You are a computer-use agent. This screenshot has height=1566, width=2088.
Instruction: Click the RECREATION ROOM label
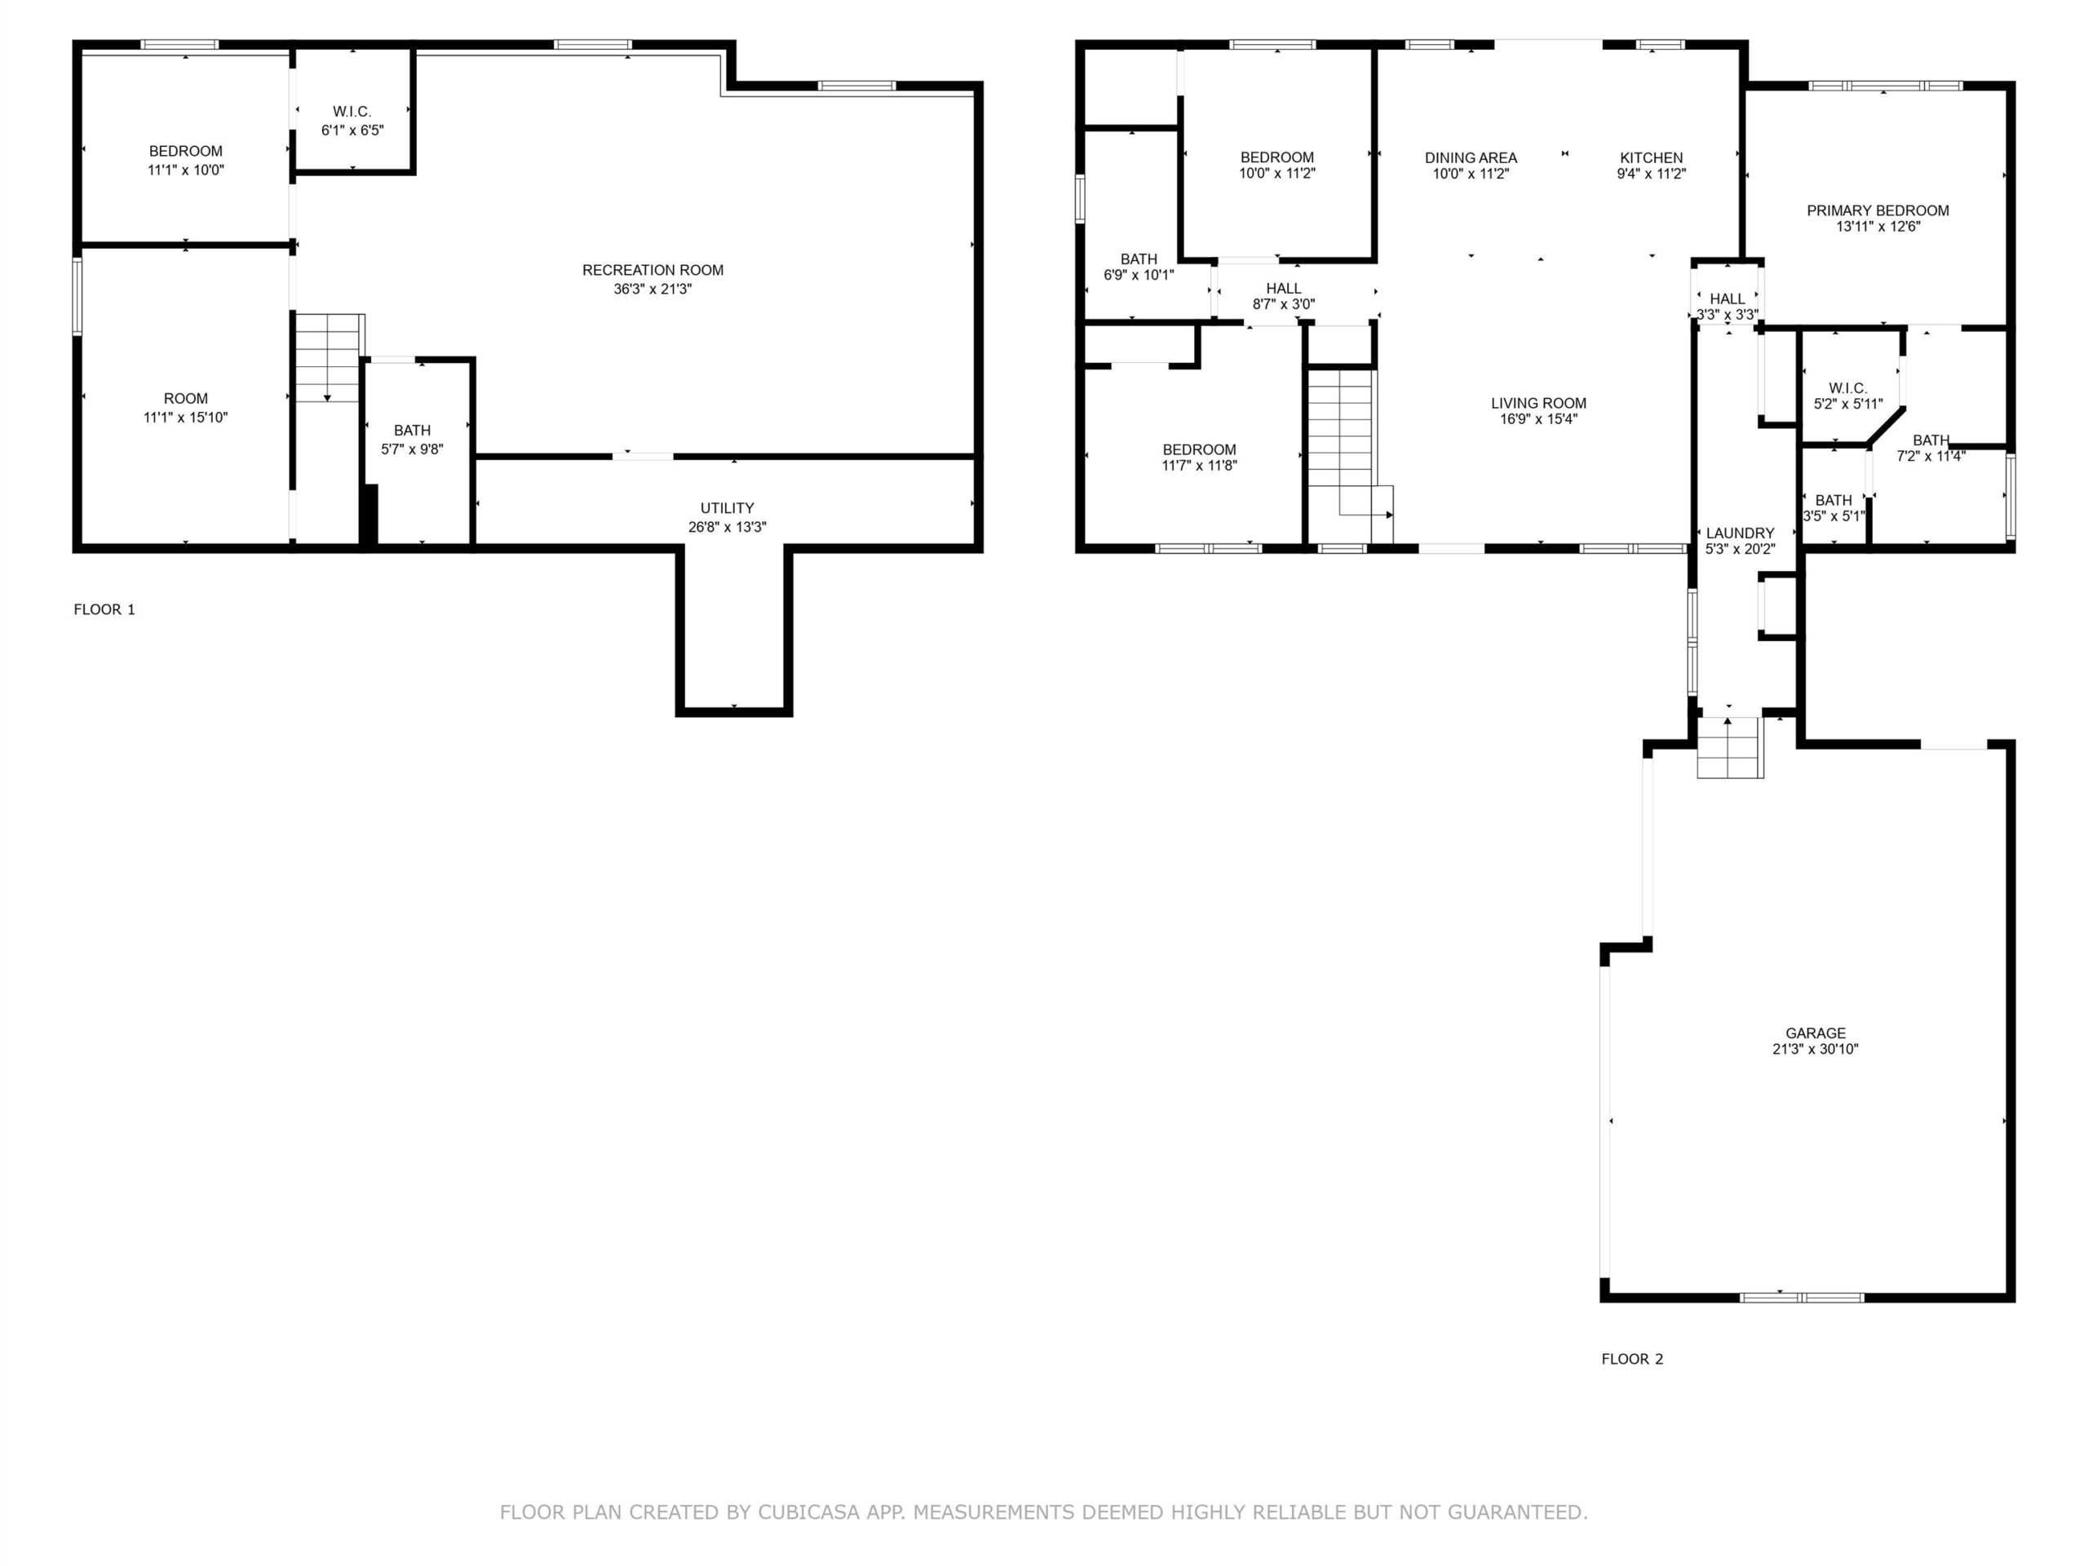(x=652, y=270)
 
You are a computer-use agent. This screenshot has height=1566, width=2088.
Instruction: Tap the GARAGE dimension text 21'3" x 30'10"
(x=1816, y=1049)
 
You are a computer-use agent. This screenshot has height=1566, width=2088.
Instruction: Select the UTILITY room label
(x=727, y=508)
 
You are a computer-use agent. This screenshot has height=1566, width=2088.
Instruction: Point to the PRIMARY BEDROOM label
(x=1878, y=210)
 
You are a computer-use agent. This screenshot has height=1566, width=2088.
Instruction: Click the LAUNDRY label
(x=1740, y=533)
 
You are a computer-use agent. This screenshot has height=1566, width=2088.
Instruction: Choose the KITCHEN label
(x=1651, y=157)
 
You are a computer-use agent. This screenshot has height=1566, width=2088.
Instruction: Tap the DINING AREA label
(x=1471, y=157)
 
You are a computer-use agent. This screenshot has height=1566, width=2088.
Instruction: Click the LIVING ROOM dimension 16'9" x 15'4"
(x=1538, y=419)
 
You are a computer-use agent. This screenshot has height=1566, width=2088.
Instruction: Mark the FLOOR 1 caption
(x=104, y=610)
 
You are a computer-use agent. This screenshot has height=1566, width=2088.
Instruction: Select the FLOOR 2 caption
(x=1632, y=1360)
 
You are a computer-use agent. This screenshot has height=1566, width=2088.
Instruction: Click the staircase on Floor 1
(x=329, y=359)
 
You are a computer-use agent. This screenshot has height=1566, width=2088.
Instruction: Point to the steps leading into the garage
(x=1730, y=748)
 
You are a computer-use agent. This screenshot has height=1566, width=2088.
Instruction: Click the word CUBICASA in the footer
(x=809, y=1512)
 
